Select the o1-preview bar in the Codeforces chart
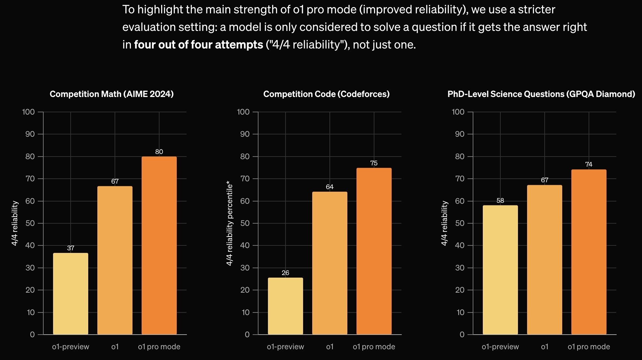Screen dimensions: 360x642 click(286, 306)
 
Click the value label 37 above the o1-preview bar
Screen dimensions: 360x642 click(71, 248)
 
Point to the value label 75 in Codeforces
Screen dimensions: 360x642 click(374, 163)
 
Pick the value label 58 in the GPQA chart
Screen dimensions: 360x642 click(500, 201)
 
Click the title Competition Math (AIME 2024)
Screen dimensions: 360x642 click(112, 94)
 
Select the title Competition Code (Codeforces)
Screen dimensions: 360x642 click(326, 94)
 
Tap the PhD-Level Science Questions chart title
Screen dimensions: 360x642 click(541, 94)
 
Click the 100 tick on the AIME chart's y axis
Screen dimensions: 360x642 click(28, 112)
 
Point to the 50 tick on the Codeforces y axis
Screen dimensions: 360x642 click(244, 223)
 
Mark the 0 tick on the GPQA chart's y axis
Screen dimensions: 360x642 click(462, 335)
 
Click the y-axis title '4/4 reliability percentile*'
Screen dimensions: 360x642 click(230, 223)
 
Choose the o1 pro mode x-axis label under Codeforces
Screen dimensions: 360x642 click(374, 347)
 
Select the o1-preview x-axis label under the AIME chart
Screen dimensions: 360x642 click(71, 347)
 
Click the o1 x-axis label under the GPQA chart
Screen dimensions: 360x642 click(545, 347)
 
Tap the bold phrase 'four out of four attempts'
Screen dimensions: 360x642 click(198, 45)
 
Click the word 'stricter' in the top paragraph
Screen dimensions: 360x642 click(537, 9)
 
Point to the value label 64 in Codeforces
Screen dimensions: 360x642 click(329, 187)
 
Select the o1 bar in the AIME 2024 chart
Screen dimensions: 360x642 click(115, 260)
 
